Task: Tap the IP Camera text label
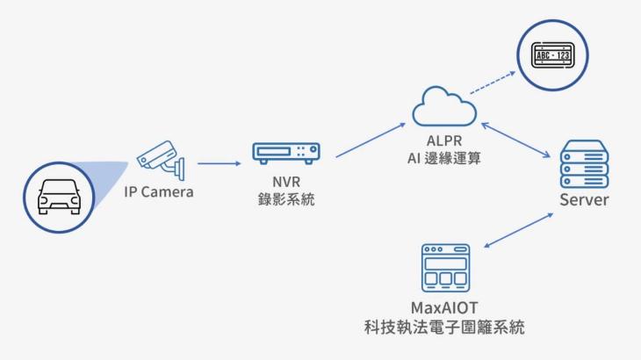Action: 158,192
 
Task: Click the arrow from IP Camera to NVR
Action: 219,162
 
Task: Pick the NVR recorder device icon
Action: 286,153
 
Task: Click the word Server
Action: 584,200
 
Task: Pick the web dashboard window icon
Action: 445,267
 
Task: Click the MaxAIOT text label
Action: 445,307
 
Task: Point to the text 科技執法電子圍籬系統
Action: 445,328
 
